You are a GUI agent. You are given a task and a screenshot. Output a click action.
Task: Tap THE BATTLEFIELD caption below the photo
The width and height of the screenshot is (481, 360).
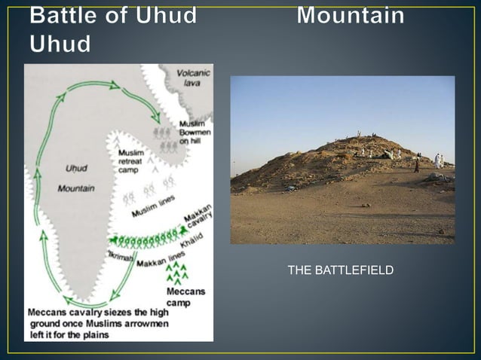[x=340, y=270]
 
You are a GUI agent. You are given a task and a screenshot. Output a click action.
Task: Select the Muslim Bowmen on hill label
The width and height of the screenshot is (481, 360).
[x=195, y=133]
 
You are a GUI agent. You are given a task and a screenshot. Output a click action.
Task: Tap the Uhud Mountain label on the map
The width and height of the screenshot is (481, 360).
[x=75, y=178]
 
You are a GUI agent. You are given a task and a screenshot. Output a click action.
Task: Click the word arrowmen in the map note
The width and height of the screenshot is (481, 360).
[x=149, y=324]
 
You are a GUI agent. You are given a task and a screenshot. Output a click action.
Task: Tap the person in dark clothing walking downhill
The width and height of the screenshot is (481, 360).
[x=416, y=166]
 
